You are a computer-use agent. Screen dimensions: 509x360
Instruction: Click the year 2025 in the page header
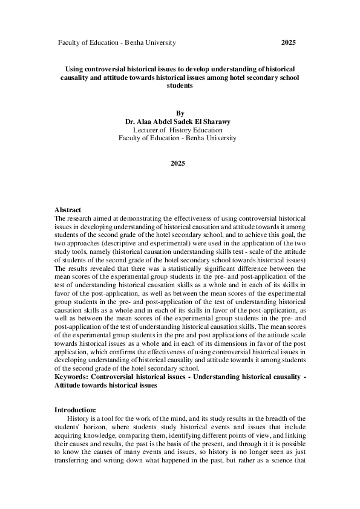pos(289,43)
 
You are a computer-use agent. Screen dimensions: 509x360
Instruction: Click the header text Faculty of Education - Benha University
pos(117,43)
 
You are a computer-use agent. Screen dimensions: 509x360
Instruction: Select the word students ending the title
pos(179,86)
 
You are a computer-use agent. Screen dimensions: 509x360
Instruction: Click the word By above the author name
pos(179,113)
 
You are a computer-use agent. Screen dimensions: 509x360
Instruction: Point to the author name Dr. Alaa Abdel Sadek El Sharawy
pos(179,122)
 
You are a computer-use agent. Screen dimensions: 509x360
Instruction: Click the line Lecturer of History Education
pos(177,129)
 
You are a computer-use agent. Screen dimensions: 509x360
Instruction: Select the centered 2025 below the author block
pos(178,164)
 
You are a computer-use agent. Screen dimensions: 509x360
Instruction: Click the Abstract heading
pos(68,210)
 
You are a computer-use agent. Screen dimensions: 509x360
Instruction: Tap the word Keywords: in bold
pos(72,377)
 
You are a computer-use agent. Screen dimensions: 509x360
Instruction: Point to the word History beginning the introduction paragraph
pos(79,418)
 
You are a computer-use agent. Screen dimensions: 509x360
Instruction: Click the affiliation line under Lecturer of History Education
pos(177,138)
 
